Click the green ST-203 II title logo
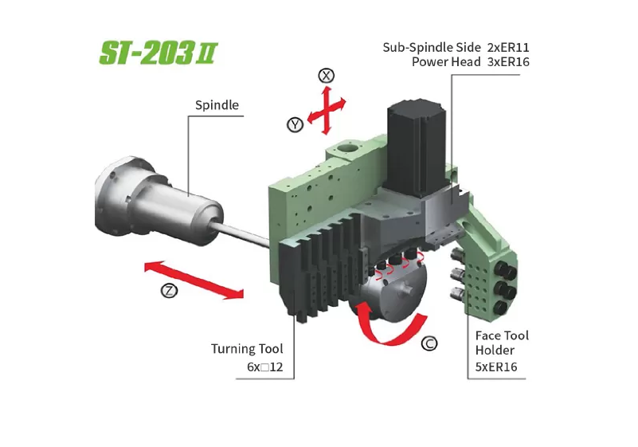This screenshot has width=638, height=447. pos(159,53)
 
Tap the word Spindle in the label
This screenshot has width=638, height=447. pos(217,105)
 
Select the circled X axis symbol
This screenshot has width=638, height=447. pos(326,76)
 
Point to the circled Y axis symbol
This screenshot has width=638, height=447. pos(295,124)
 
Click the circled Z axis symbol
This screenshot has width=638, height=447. pos(169,290)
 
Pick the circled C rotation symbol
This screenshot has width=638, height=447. pos(429,343)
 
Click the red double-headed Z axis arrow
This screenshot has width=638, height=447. pos(194,280)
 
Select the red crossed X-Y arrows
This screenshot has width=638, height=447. pos(327,110)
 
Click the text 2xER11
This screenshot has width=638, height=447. pos(508,48)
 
